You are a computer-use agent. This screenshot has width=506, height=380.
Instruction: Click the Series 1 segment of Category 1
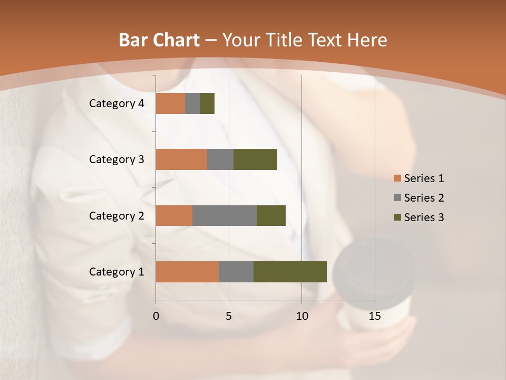point(187,272)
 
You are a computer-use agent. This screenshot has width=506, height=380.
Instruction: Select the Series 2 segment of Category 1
point(236,272)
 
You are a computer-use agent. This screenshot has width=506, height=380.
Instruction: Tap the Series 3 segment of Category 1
point(290,272)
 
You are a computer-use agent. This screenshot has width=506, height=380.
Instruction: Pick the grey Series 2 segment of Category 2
point(225,215)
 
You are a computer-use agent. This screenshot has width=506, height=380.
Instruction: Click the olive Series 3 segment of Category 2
point(271,215)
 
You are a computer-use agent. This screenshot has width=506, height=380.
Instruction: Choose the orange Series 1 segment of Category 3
point(181,159)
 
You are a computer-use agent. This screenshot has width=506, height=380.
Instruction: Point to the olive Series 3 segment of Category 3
point(255,159)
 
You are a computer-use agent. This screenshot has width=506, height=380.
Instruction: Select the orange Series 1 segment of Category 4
point(170,103)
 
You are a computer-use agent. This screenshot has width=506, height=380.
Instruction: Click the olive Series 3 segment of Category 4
point(207,103)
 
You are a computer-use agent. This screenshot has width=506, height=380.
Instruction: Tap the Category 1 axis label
point(116,272)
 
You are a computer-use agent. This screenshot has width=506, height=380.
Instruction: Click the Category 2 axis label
point(116,215)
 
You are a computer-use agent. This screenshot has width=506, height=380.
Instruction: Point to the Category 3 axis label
point(116,159)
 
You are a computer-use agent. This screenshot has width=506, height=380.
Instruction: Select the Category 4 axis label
point(116,103)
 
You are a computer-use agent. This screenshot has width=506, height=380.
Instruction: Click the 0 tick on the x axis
point(156,316)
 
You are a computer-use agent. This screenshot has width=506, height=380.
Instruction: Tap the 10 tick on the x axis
point(301,316)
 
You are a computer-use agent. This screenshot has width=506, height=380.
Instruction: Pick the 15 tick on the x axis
point(374,316)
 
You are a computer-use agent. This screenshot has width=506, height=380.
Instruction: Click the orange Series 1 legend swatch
point(397,178)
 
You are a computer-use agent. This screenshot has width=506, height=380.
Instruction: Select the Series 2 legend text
point(424,198)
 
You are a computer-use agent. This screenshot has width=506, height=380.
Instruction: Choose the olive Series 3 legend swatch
point(397,217)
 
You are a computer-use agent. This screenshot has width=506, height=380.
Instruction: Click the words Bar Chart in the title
point(159,40)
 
